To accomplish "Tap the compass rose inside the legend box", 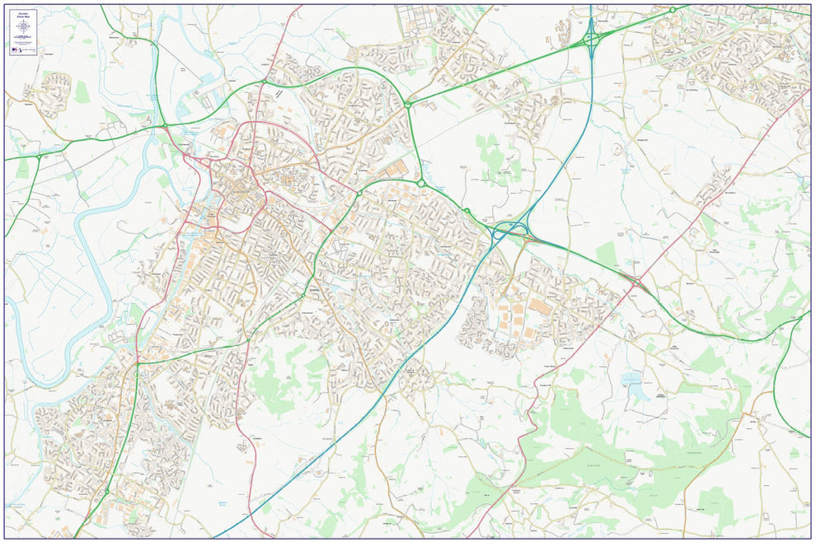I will click(x=24, y=28).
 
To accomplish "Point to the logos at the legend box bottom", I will click(x=24, y=49).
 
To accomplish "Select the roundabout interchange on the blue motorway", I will click(x=591, y=39).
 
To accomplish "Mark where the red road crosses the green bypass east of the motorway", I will click(x=637, y=283).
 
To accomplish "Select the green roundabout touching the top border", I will click(x=673, y=10).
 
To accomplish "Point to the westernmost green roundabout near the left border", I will click(x=38, y=156).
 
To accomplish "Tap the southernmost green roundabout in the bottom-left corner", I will click(x=106, y=492).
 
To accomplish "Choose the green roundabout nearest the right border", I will click(x=799, y=318).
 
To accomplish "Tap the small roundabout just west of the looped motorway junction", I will click(x=467, y=212).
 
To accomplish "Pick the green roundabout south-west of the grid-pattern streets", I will click(x=407, y=105).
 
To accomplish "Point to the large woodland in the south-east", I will click(x=593, y=461).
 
